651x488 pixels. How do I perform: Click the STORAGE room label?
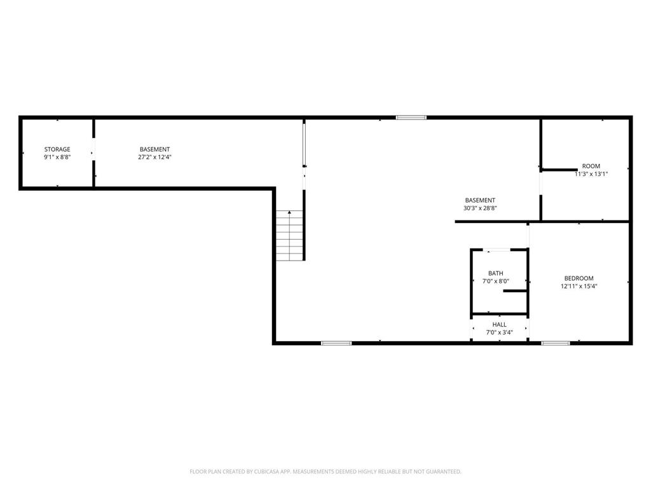(57, 149)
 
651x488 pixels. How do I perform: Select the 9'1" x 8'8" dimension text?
(57, 157)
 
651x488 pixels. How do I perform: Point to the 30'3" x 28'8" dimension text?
(480, 208)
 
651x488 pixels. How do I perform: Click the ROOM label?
(591, 166)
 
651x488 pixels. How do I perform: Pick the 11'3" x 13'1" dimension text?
(591, 173)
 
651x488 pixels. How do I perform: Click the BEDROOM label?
(579, 278)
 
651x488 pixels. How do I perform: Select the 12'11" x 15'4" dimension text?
(579, 286)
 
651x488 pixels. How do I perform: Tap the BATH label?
(496, 273)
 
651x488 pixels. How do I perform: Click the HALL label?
(500, 324)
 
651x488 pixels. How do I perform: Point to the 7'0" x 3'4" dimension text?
(500, 332)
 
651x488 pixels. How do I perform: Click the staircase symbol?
(290, 235)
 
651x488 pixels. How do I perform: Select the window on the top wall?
(411, 118)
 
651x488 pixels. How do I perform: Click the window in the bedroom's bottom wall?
(556, 343)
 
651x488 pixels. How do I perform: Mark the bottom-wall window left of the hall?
(336, 343)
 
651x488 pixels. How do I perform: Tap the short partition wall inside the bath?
(515, 291)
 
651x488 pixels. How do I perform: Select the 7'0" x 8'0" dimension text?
(496, 281)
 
